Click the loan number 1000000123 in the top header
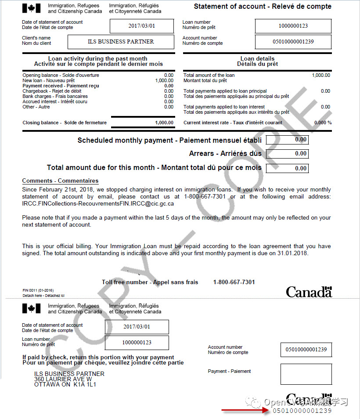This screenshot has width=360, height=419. click(x=293, y=26)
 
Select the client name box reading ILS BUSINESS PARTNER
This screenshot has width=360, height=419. click(x=121, y=42)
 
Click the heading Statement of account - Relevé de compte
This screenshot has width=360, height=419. click(x=263, y=7)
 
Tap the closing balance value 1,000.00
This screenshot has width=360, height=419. click(x=164, y=123)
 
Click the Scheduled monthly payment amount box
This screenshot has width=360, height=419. click(x=293, y=140)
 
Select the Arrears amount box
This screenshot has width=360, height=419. click(x=293, y=154)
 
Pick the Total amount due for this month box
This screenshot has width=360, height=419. click(x=293, y=168)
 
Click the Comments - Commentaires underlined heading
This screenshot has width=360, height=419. click(x=60, y=181)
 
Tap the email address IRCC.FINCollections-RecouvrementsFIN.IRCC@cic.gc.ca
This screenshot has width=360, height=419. click(x=98, y=204)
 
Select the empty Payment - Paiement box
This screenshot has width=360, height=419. click(x=306, y=374)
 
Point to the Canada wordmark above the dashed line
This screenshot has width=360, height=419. click(x=309, y=292)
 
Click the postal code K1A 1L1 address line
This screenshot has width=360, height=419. click(x=65, y=384)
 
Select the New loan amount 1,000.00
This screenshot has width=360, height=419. click(x=164, y=81)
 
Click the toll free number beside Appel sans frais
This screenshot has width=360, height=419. click(x=234, y=282)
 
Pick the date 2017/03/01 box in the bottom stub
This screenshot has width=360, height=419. click(x=137, y=327)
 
